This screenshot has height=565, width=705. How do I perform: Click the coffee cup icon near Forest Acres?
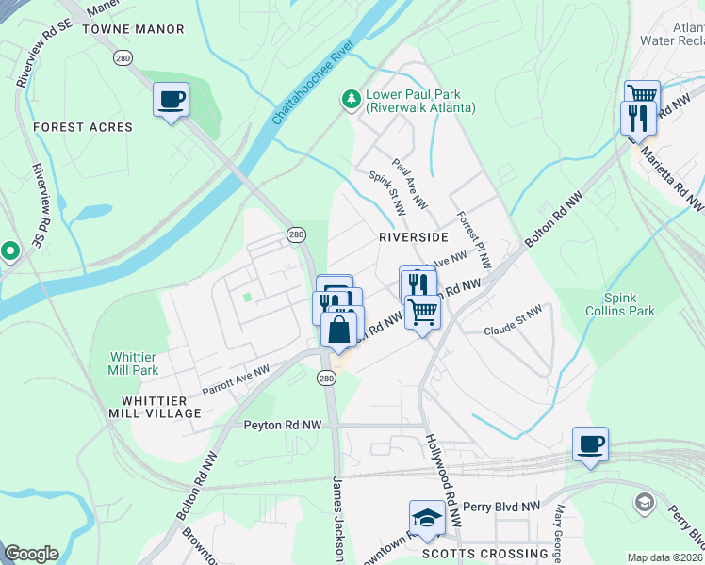click(171, 100)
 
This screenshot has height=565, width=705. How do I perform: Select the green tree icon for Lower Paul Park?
click(351, 98)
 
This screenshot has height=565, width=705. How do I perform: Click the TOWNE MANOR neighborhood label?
click(133, 29)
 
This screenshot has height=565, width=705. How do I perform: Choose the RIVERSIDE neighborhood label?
click(413, 237)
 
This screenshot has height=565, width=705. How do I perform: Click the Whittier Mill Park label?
click(134, 363)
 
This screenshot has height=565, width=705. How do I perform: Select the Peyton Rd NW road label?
click(283, 426)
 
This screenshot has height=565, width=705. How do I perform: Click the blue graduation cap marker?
click(427, 518)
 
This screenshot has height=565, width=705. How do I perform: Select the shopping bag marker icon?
click(339, 330)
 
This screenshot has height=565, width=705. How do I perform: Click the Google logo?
click(31, 554)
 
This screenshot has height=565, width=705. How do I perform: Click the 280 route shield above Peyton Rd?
click(326, 378)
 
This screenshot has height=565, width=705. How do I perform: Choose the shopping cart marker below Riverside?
click(423, 310)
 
